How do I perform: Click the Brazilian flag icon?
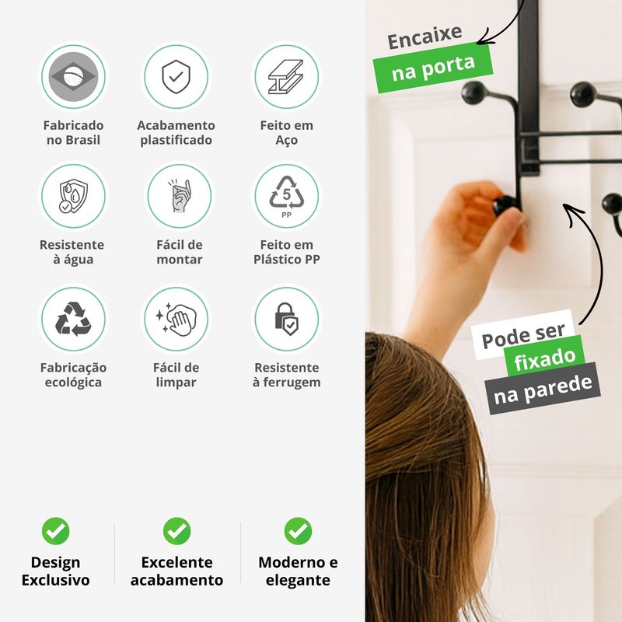point(73,76)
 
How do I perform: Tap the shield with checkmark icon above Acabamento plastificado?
point(176,76)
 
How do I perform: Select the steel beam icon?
point(286,76)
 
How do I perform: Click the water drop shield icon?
point(72,197)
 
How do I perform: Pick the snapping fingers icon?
point(180,196)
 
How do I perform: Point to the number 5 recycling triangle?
point(286,193)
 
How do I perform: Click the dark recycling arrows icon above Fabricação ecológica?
point(73,319)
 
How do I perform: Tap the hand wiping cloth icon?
point(176,320)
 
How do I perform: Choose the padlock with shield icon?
point(286,320)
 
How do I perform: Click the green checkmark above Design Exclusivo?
point(55,531)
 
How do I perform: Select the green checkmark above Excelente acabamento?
point(177,531)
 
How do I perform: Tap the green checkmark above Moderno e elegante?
point(298,531)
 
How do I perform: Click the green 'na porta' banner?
point(433,68)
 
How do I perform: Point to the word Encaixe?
point(425,37)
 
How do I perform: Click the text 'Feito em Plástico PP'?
point(286,252)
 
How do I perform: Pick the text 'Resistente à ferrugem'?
point(286,375)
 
